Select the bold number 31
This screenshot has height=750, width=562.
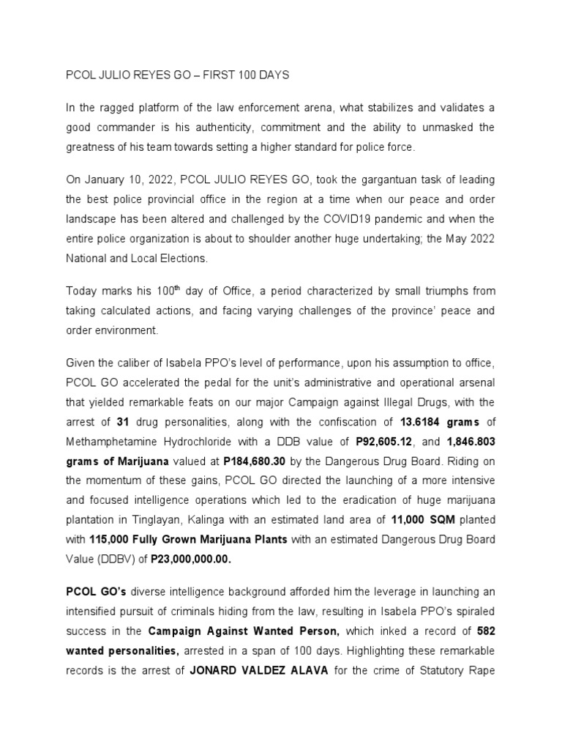125,421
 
